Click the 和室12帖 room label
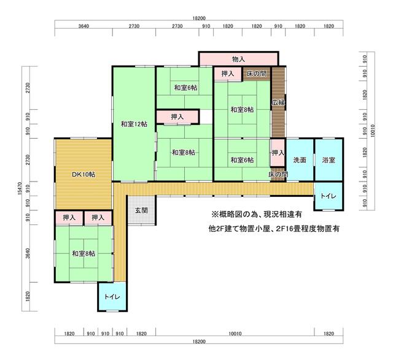tap(134, 124)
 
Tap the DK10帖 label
tap(84, 175)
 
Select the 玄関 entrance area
tap(141, 210)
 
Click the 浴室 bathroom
tap(329, 159)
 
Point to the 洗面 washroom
tap(300, 159)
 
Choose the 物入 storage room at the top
tap(238, 59)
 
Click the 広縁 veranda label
tap(278, 102)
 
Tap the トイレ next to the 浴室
tap(329, 196)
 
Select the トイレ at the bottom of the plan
tap(112, 297)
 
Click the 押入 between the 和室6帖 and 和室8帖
tap(177, 117)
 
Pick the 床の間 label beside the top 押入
tap(256, 74)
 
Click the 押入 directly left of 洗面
tap(278, 153)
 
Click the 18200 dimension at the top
tap(199, 18)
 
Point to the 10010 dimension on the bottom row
tap(235, 334)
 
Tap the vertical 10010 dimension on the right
tap(373, 131)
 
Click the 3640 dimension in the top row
tap(84, 26)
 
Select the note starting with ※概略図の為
tap(257, 214)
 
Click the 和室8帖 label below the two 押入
tap(84, 254)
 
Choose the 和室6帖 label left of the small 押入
tap(242, 159)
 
